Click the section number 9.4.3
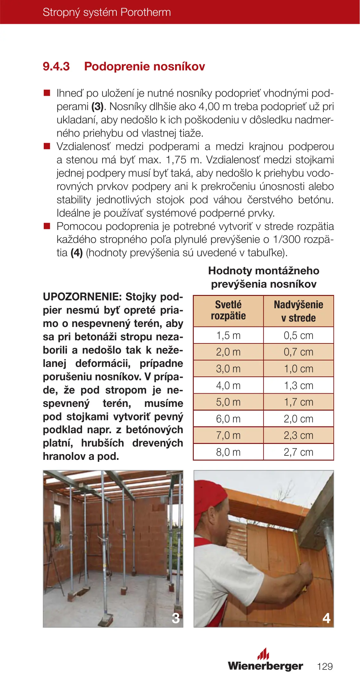[56, 67]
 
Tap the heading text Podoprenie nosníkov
[144, 67]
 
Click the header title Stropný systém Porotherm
[107, 12]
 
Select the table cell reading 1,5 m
[228, 336]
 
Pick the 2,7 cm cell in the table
[298, 452]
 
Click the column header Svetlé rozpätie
[228, 310]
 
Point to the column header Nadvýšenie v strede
[298, 311]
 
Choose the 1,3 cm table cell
[298, 386]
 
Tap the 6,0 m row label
[228, 419]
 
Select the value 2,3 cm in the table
[298, 435]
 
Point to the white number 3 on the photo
[175, 618]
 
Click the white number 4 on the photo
[326, 618]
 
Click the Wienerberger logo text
[265, 666]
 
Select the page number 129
[325, 666]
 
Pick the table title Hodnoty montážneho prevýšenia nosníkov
[264, 277]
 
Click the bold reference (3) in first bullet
[98, 107]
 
